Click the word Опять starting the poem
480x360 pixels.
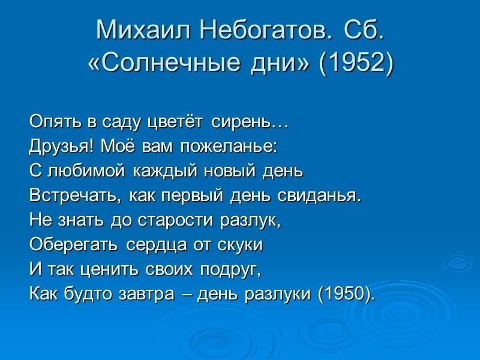[x=49, y=122]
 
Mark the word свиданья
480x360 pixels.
[x=320, y=196]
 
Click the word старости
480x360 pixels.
[x=165, y=221]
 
